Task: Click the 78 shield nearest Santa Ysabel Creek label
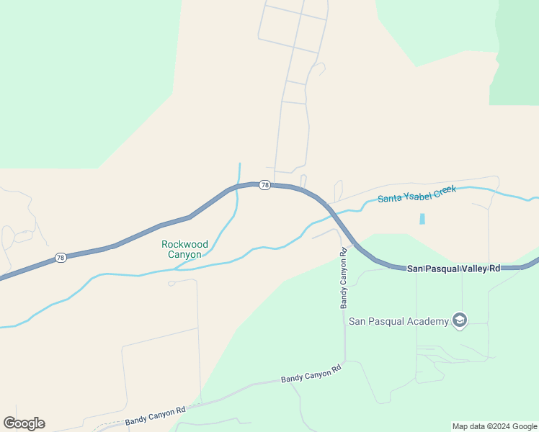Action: (265, 185)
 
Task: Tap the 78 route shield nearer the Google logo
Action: (61, 258)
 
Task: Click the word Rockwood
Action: (185, 244)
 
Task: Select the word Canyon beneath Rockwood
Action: (185, 254)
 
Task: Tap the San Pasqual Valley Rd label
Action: (453, 268)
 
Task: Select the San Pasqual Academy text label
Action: (398, 321)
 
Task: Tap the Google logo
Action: (24, 423)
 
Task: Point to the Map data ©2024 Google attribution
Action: (494, 426)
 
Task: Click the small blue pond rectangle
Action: (422, 218)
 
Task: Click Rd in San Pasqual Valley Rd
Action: (494, 268)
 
